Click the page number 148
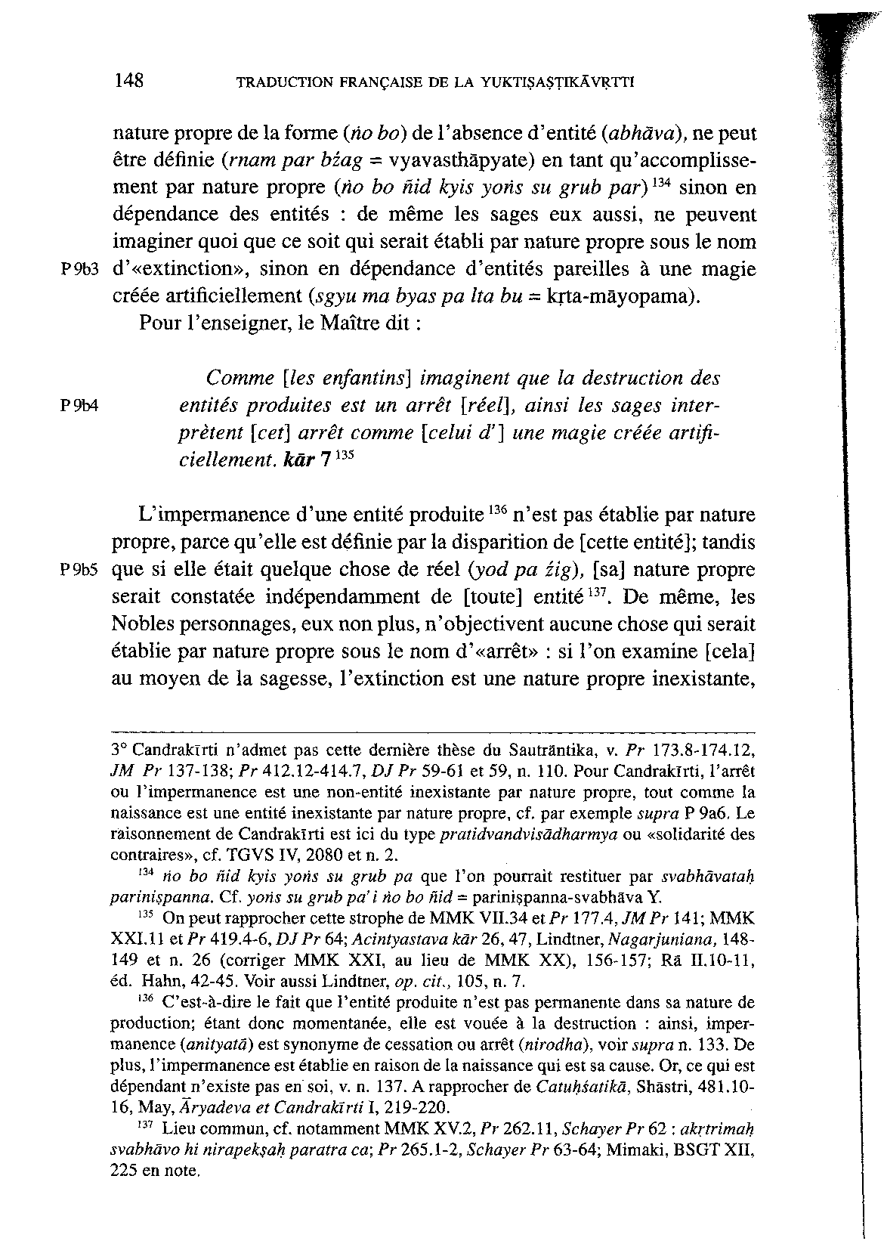point(129,81)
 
